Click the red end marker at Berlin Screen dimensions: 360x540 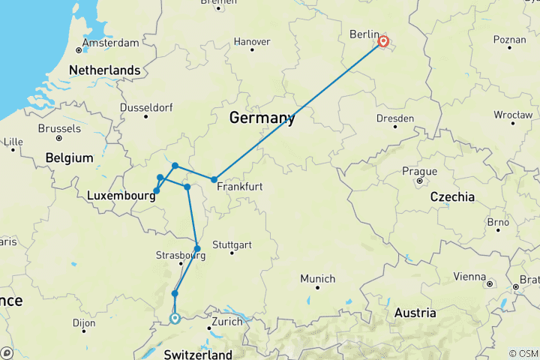[x=383, y=42]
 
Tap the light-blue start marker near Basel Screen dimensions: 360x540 [x=175, y=318]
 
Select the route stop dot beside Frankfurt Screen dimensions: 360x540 [x=214, y=179]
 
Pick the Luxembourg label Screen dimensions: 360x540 [x=121, y=195]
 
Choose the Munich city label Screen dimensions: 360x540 [x=318, y=278]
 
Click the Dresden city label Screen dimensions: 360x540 [x=394, y=118]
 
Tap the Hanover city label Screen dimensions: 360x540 [x=251, y=40]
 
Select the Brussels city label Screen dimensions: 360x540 [x=59, y=128]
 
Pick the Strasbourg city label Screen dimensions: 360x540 [x=180, y=255]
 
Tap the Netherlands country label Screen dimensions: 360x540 [x=104, y=70]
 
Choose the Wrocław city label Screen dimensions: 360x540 [x=513, y=115]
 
